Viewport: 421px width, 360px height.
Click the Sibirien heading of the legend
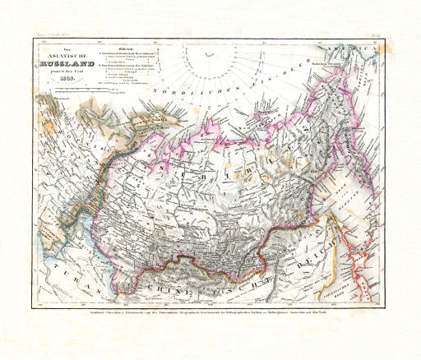coord(126,48)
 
